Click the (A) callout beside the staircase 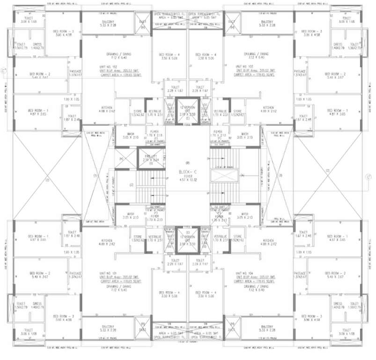(x=243, y=175)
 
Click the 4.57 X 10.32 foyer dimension (x=188, y=180)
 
